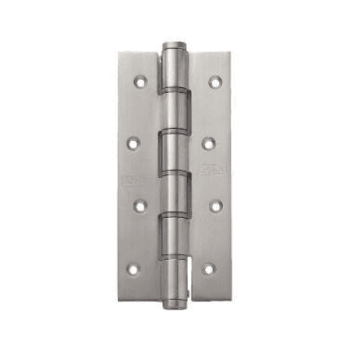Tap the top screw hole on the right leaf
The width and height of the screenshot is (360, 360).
(214, 81)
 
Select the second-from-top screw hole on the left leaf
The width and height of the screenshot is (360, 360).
(133, 144)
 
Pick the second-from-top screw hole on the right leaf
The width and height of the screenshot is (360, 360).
(208, 144)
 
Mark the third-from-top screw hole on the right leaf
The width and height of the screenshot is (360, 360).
(213, 206)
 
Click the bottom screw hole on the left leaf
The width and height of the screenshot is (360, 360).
(133, 269)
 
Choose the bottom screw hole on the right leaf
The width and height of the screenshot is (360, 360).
(208, 269)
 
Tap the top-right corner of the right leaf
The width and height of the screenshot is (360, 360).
(231, 52)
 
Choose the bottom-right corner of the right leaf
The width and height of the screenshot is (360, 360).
(231, 297)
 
